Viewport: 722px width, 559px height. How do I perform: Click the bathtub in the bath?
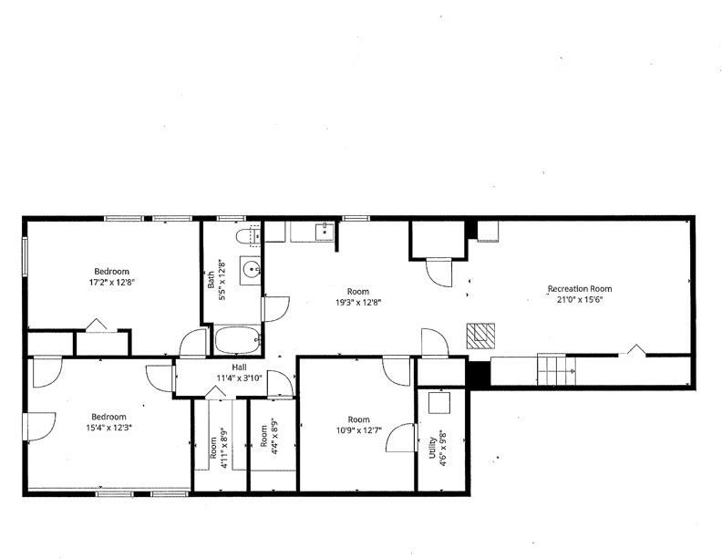click(x=237, y=342)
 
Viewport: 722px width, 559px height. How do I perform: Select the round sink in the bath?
click(x=253, y=269)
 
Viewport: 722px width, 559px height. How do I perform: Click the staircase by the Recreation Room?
click(x=555, y=369)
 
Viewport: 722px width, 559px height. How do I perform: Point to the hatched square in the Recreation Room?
click(x=480, y=336)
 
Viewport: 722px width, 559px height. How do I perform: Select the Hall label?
click(x=240, y=367)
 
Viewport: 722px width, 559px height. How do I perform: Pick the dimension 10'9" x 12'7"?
click(x=356, y=430)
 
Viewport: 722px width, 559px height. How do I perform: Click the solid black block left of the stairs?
click(x=478, y=372)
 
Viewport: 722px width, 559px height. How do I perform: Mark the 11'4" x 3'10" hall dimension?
click(x=240, y=378)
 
